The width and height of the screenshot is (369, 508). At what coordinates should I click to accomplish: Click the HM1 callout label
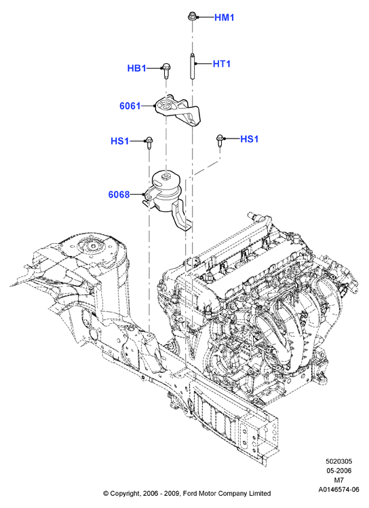[x=225, y=18]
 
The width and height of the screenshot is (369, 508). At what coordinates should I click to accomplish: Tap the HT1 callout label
[x=222, y=64]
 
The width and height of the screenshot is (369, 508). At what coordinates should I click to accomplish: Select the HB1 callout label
[x=136, y=69]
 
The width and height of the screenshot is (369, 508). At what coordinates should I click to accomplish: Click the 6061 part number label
[x=130, y=106]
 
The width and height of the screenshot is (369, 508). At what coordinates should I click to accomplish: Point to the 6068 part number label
[x=119, y=194]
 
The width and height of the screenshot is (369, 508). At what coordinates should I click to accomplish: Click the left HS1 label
[x=120, y=141]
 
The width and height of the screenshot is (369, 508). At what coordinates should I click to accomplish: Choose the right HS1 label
[x=249, y=139]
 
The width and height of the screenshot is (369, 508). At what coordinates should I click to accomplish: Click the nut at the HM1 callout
[x=191, y=16]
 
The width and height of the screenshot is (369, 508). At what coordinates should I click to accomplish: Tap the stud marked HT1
[x=192, y=67]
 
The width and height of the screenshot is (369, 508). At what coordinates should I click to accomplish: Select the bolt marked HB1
[x=166, y=71]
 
